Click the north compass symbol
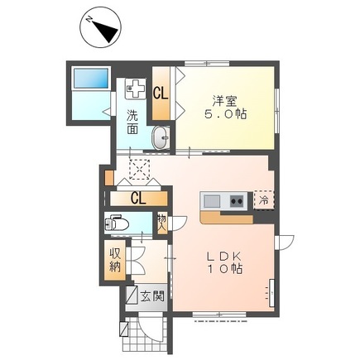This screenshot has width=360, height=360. point(101,27)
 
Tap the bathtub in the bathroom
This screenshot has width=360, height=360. point(91,79)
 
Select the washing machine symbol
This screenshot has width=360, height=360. point(136,89)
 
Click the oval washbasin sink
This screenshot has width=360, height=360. point(161,138)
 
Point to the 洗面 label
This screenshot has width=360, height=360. point(132,122)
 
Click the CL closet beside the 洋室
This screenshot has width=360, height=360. point(161,94)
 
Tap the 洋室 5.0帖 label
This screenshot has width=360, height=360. point(225,108)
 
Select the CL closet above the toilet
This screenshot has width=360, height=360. point(139,199)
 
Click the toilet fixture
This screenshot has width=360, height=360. point(117,223)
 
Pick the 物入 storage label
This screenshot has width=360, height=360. point(162,223)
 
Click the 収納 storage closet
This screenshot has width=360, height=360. point(115,260)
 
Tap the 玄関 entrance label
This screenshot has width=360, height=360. point(152,296)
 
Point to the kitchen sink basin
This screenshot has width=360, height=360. point(212,201)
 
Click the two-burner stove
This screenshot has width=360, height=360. point(237,201)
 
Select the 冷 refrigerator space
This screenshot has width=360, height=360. point(264,200)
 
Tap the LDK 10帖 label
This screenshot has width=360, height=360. point(224,262)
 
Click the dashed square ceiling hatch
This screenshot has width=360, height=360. point(139,170)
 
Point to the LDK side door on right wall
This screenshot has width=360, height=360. point(284,242)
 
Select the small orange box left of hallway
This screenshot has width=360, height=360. point(109,178)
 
